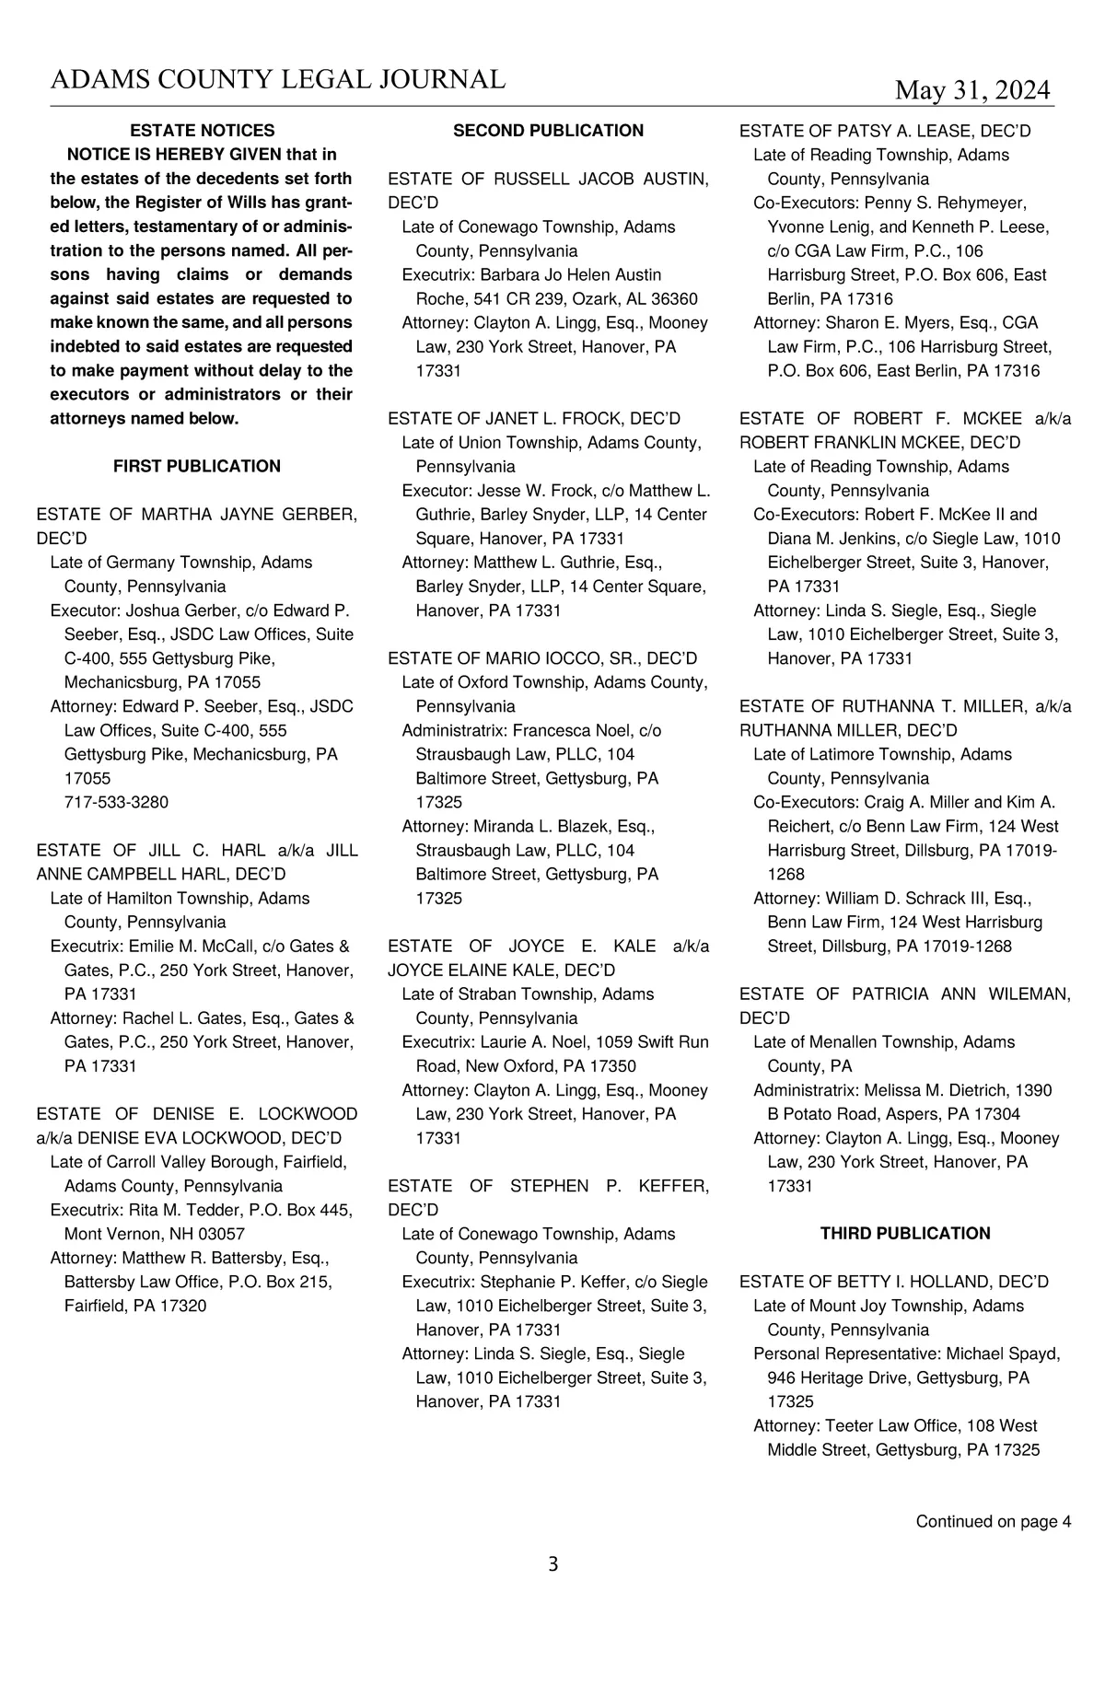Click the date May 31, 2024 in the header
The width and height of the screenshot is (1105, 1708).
[972, 90]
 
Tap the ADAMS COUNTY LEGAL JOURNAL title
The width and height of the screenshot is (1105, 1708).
[277, 80]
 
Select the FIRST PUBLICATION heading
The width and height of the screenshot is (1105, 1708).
[197, 466]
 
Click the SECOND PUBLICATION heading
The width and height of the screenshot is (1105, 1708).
[548, 131]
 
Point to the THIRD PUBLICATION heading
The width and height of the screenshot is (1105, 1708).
[905, 1233]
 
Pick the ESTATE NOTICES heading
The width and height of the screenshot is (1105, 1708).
[202, 131]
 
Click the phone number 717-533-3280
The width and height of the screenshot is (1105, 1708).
[116, 802]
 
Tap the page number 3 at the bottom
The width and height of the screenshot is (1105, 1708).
[552, 1563]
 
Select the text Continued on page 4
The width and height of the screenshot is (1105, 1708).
[993, 1521]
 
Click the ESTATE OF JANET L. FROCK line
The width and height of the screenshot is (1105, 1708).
[534, 419]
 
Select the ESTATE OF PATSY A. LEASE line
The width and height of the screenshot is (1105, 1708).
[885, 131]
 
